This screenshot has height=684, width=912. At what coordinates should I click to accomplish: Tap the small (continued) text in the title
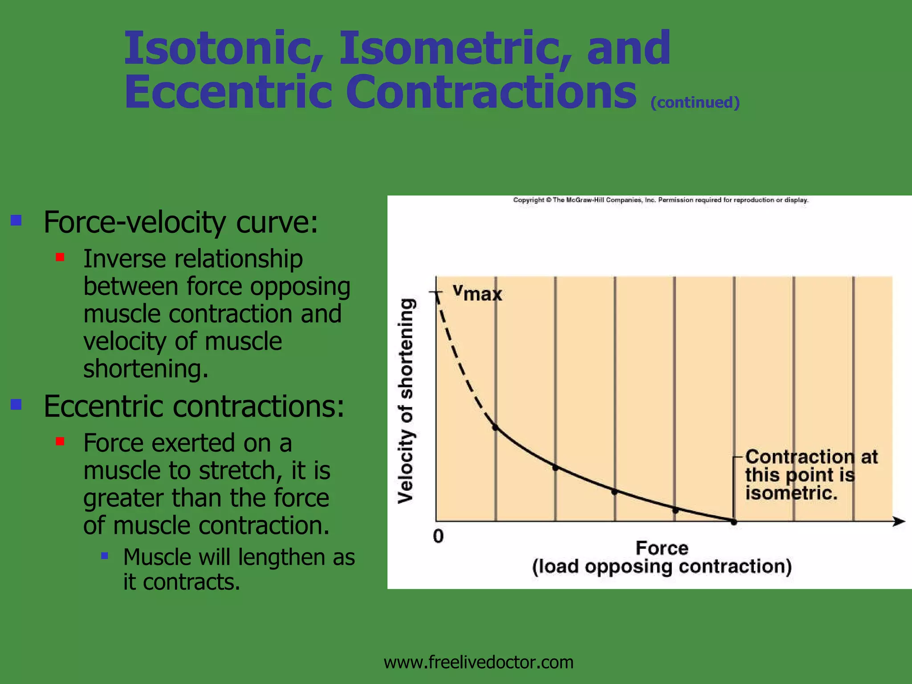(x=695, y=103)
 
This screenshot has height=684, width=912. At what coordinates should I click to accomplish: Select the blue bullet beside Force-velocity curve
(x=16, y=220)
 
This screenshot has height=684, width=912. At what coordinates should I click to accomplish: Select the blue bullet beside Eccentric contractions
(x=16, y=404)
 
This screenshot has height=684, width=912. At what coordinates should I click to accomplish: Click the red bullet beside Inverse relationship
(x=60, y=257)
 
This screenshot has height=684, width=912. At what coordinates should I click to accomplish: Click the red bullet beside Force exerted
(x=60, y=441)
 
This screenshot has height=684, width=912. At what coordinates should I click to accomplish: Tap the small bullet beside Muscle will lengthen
(x=105, y=555)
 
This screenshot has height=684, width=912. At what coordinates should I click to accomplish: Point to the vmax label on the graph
(x=477, y=293)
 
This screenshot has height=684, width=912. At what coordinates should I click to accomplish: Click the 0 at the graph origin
(x=438, y=536)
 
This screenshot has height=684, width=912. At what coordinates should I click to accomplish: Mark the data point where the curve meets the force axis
(x=734, y=522)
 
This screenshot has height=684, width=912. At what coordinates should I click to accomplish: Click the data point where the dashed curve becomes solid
(x=495, y=427)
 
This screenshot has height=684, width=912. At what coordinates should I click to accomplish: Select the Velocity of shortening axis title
(x=406, y=401)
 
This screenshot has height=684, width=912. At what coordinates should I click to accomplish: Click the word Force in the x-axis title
(x=662, y=548)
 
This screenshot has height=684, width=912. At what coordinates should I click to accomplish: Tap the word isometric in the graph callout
(x=791, y=493)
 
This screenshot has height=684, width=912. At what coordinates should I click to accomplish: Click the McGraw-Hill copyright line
(x=660, y=200)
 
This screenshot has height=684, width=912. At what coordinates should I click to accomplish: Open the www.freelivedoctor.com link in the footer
(x=478, y=662)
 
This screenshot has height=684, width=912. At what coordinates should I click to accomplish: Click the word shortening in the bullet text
(x=145, y=369)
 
